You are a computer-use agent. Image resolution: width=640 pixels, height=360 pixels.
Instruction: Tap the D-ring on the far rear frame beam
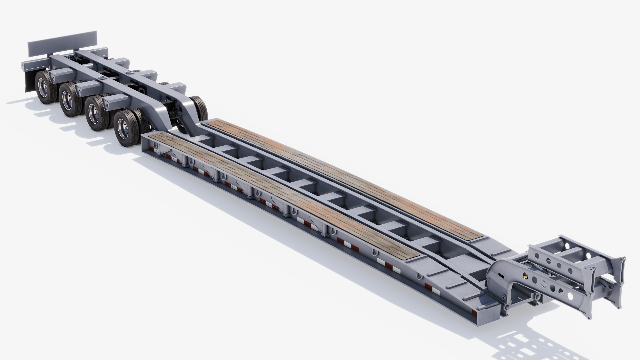pyautogui.click(x=129, y=71)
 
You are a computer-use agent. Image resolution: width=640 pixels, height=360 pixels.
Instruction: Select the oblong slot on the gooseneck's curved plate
pyautogui.click(x=500, y=275)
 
